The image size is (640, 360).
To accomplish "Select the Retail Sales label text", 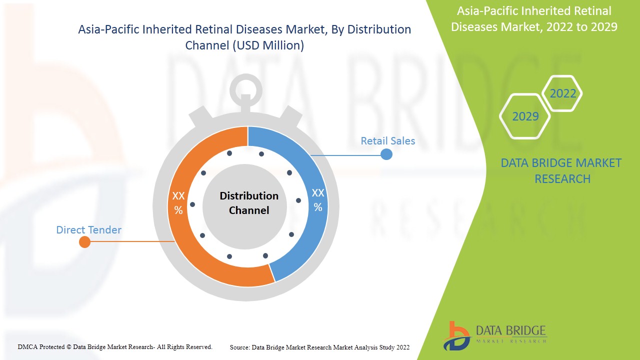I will pyautogui.click(x=387, y=141).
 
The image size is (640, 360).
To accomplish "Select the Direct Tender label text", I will pyautogui.click(x=88, y=230).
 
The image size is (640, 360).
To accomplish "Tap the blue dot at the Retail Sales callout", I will pyautogui.click(x=386, y=154).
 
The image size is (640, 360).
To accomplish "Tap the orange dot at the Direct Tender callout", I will pyautogui.click(x=85, y=242).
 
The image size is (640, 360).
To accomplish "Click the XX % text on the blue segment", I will pyautogui.click(x=317, y=200).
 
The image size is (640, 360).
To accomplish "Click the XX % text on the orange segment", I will pyautogui.click(x=178, y=203).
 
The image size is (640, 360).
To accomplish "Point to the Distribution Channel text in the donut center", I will pyautogui.click(x=249, y=203).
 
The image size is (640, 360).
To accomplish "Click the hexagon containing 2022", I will pyautogui.click(x=562, y=93).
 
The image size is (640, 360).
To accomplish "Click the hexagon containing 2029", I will pyautogui.click(x=525, y=116).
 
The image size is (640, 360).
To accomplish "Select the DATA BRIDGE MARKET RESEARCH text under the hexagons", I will pyautogui.click(x=562, y=170).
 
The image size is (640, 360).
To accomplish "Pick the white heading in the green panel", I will pyautogui.click(x=534, y=19).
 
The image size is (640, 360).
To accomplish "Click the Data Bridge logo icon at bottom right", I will pyautogui.click(x=456, y=336).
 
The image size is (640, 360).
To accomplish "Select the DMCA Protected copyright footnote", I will pyautogui.click(x=115, y=346).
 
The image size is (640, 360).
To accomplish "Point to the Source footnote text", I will pyautogui.click(x=319, y=347).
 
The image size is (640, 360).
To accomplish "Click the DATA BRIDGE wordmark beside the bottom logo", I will pyautogui.click(x=510, y=330).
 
